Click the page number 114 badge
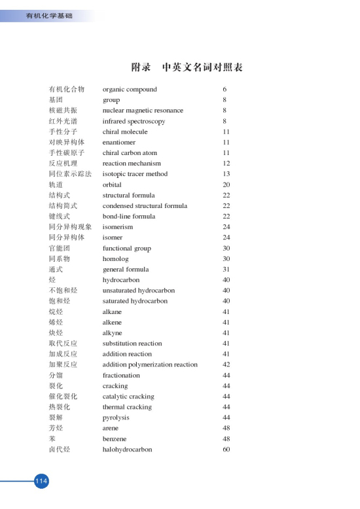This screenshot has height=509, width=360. tap(42, 481)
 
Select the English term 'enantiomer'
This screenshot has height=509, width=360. tap(119, 142)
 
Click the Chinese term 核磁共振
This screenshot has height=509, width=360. tap(62, 111)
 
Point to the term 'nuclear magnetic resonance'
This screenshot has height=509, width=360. tap(143, 111)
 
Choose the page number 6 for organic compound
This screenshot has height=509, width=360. tap(225, 89)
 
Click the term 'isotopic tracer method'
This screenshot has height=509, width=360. tap(135, 174)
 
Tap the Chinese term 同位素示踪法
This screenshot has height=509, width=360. tap(70, 174)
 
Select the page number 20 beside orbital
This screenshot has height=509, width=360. tap(226, 184)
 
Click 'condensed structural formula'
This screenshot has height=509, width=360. tap(145, 205)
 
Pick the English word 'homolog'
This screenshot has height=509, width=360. tap(117, 258)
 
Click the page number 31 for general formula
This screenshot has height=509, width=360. tap(226, 269)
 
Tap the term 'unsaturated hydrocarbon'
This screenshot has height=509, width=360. tap(139, 290)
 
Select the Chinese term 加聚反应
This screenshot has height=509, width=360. tap(62, 364)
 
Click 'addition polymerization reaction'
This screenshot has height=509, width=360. tap(150, 364)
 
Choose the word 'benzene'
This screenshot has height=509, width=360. tap(115, 438)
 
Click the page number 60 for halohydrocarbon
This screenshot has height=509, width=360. tap(226, 449)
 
